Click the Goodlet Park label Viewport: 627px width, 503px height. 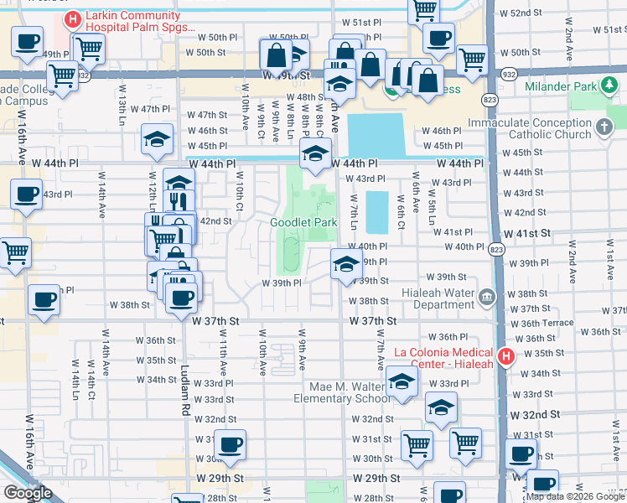pos(303,222)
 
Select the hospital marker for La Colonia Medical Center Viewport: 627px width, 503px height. pos(505,357)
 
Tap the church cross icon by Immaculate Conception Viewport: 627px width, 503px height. pos(604,128)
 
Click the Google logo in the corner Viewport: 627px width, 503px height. pos(28,493)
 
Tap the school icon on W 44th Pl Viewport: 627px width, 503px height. pos(315,153)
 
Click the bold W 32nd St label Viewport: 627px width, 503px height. pos(536,415)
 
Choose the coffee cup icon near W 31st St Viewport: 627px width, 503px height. pos(229,443)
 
